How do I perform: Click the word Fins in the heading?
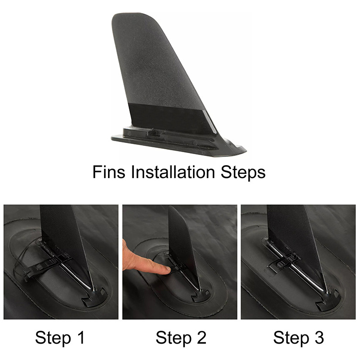[109, 172]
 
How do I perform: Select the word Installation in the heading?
[173, 172]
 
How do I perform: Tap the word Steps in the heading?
[243, 173]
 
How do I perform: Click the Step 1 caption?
[60, 338]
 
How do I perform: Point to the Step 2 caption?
[181, 338]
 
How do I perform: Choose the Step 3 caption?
[299, 338]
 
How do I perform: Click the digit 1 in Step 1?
[81, 337]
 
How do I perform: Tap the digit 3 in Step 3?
[319, 337]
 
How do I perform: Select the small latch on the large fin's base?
[153, 132]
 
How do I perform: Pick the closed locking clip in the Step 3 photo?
[283, 262]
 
